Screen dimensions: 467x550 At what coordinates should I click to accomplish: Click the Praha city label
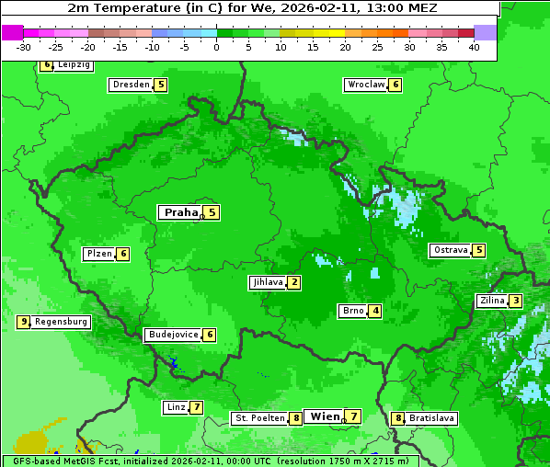(x=180, y=212)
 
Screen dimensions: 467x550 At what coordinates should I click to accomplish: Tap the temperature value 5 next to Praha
(x=212, y=212)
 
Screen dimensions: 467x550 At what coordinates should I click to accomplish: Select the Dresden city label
(x=131, y=85)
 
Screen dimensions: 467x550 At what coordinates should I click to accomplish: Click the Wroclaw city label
(x=365, y=85)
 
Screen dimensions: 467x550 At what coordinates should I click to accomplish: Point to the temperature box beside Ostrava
(x=478, y=250)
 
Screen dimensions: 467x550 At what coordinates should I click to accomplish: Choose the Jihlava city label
(x=267, y=282)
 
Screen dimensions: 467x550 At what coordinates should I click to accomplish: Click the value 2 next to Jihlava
(x=293, y=282)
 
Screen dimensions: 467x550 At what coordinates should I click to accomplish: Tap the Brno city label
(x=352, y=311)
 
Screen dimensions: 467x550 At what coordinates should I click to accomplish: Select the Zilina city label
(x=491, y=301)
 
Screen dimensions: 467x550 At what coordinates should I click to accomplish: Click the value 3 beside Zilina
(x=516, y=301)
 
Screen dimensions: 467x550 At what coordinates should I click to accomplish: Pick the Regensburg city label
(x=62, y=322)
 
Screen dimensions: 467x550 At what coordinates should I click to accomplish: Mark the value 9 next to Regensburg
(x=24, y=322)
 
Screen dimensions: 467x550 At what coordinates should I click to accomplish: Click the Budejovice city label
(x=173, y=335)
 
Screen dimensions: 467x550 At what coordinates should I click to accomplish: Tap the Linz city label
(x=175, y=407)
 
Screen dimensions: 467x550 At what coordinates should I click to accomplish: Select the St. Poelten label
(x=258, y=418)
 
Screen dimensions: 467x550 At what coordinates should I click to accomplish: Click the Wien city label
(x=325, y=416)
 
